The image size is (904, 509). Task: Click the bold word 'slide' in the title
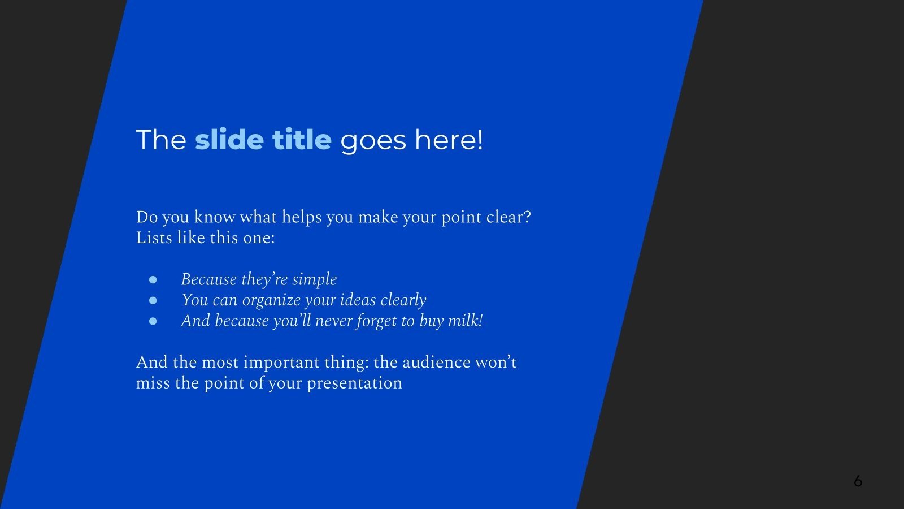229,140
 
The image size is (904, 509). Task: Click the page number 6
858,481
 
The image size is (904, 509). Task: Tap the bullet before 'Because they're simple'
153,280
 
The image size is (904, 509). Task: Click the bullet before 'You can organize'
153,301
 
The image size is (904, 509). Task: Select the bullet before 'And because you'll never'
153,321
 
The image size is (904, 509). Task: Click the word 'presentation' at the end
354,383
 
